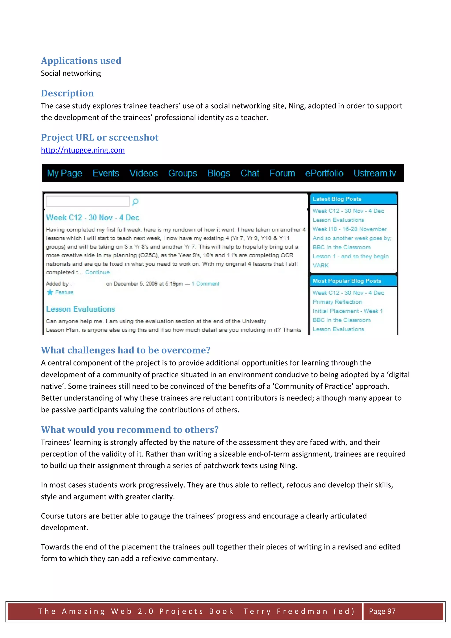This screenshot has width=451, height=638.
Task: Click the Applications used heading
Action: click(81, 61)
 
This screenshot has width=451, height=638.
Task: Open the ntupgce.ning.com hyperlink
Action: click(83, 150)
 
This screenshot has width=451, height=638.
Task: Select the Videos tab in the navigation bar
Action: click(143, 173)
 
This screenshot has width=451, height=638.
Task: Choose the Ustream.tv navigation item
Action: click(375, 173)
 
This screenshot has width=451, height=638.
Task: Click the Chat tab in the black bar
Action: click(250, 173)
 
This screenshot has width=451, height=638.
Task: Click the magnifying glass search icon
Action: click(135, 202)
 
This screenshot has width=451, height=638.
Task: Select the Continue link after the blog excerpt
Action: click(98, 272)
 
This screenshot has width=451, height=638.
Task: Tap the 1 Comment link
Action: click(206, 284)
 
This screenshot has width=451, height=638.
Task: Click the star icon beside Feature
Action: click(50, 292)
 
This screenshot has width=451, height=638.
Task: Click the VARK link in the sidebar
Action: click(320, 265)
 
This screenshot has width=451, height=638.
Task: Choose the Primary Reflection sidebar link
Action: click(337, 302)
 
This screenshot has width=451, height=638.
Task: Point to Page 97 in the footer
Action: click(382, 611)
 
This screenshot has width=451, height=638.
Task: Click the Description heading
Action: click(67, 93)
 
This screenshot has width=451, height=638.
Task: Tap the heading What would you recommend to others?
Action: click(129, 430)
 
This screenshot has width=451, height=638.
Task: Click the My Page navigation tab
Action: click(65, 173)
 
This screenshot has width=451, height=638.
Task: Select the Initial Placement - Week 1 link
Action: click(347, 311)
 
